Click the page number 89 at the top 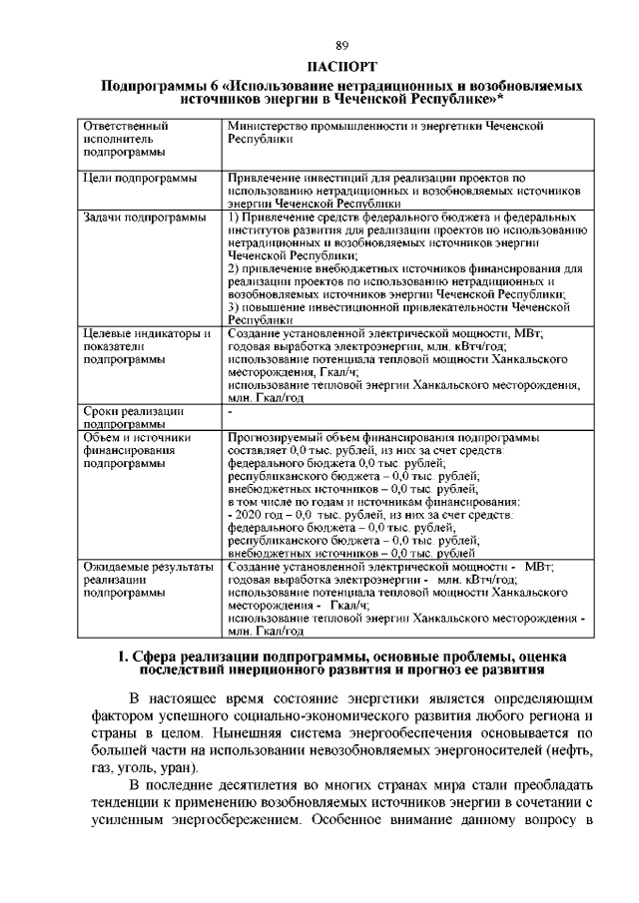(341, 47)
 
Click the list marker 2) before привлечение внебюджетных (233, 269)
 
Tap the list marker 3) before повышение (233, 308)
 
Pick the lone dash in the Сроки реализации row (231, 411)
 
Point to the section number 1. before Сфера (125, 656)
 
